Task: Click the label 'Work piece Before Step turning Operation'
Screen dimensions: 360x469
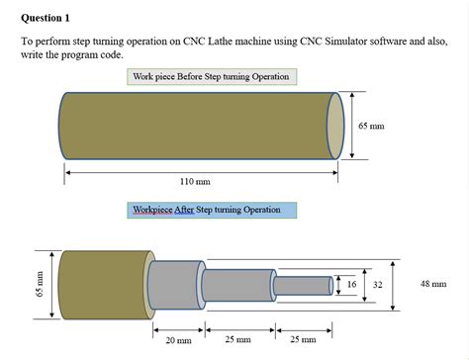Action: point(211,76)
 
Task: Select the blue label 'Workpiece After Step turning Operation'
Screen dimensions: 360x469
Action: point(211,210)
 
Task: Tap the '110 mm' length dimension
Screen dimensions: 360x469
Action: point(195,182)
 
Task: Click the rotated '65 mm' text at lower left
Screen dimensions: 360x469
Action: point(41,284)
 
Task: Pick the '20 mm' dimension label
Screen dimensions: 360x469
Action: point(178,339)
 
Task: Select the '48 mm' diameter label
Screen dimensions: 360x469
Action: point(432,284)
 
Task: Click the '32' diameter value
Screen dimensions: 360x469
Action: point(377,285)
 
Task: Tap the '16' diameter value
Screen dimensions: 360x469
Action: point(352,285)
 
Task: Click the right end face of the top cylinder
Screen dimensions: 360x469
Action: point(334,126)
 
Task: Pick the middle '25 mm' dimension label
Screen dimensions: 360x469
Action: point(237,339)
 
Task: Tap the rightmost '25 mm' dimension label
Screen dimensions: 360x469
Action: point(302,339)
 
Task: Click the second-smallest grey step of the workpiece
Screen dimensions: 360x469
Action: point(237,285)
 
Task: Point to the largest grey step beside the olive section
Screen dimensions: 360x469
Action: point(172,285)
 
